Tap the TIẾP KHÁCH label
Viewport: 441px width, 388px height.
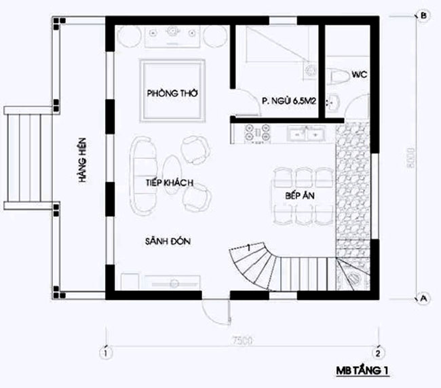point(170,184)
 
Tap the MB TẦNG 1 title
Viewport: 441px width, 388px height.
point(364,371)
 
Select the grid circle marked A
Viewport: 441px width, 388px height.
point(422,297)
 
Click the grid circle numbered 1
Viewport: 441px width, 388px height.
point(106,352)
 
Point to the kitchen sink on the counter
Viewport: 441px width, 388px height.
point(305,135)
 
